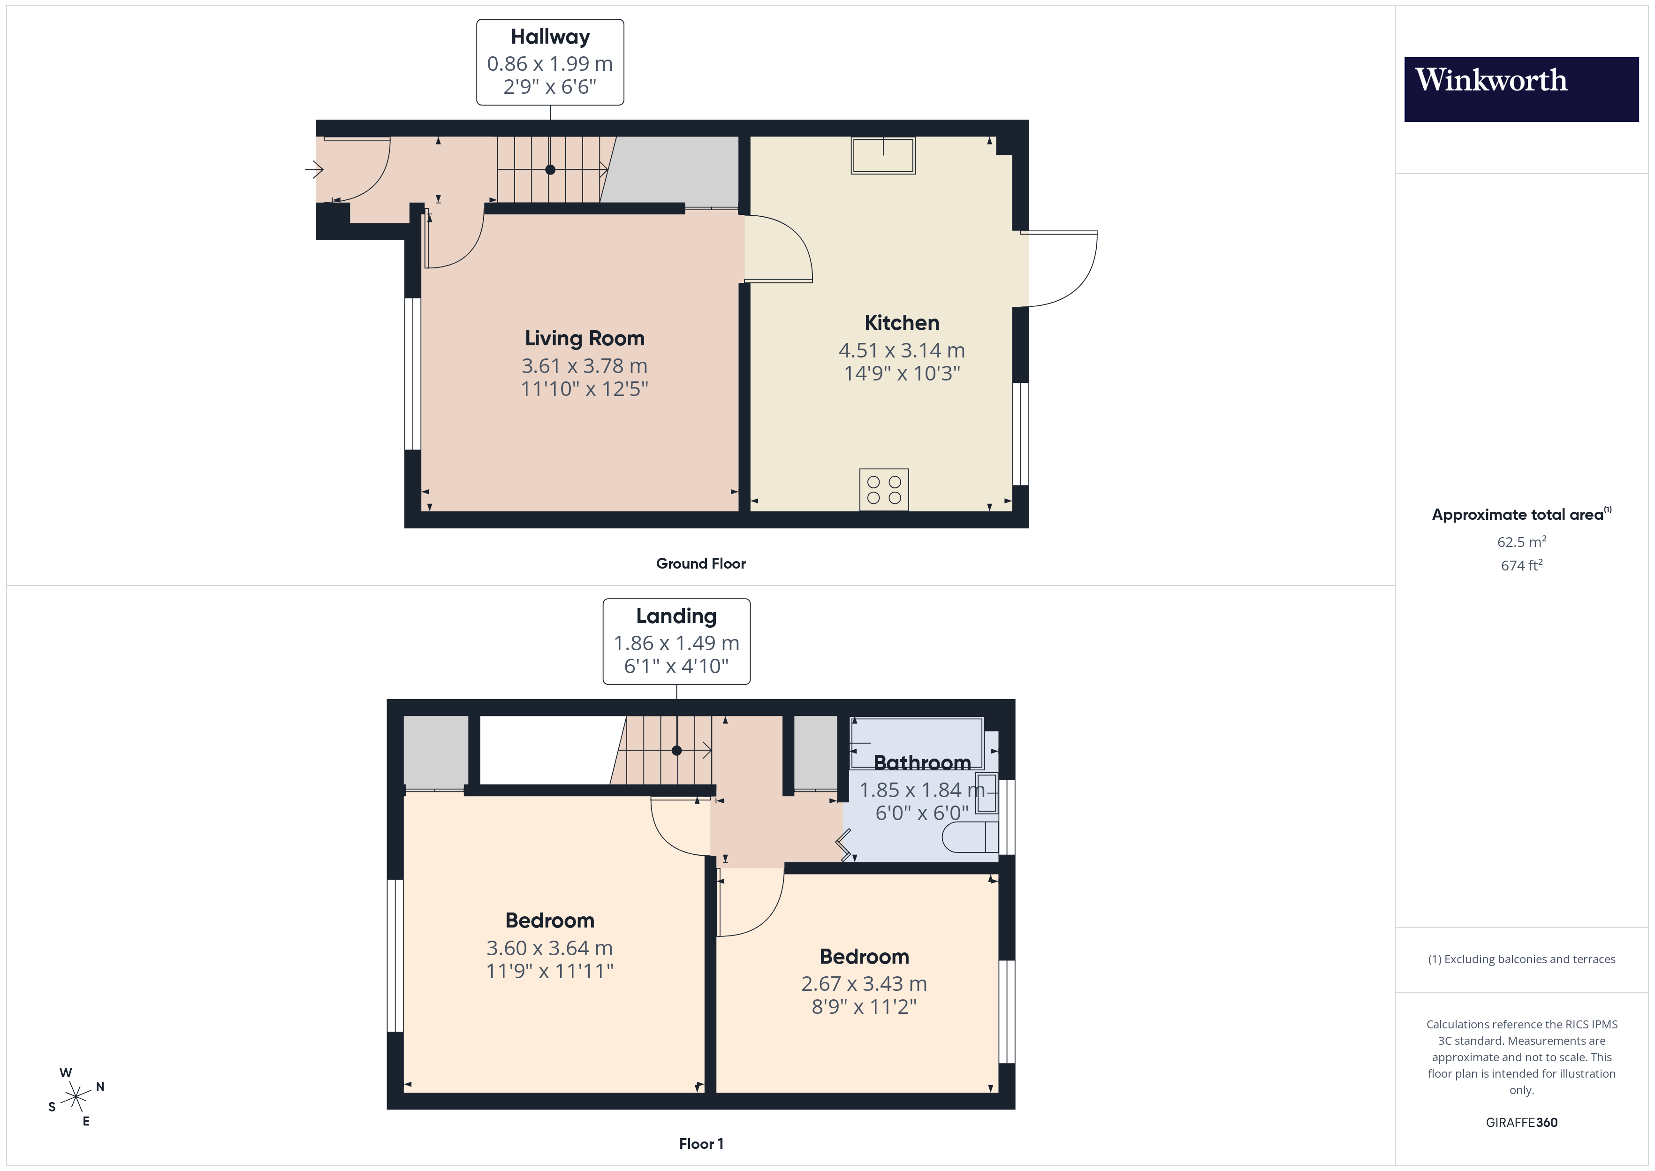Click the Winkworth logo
pyautogui.click(x=1520, y=89)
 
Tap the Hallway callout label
pyautogui.click(x=550, y=62)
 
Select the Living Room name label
pyautogui.click(x=585, y=338)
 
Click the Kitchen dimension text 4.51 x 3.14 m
pyautogui.click(x=901, y=350)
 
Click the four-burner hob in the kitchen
pyautogui.click(x=884, y=490)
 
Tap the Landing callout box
pyautogui.click(x=676, y=641)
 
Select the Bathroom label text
pyautogui.click(x=922, y=762)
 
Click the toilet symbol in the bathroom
pyautogui.click(x=970, y=837)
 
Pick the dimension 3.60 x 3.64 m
pyautogui.click(x=549, y=948)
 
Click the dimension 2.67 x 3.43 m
pyautogui.click(x=864, y=983)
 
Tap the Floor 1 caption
pyautogui.click(x=701, y=1144)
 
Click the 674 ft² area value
pyautogui.click(x=1521, y=565)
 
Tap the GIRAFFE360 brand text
pyautogui.click(x=1521, y=1122)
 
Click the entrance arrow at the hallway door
pyautogui.click(x=313, y=170)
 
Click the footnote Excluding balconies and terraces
pyautogui.click(x=1521, y=959)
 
